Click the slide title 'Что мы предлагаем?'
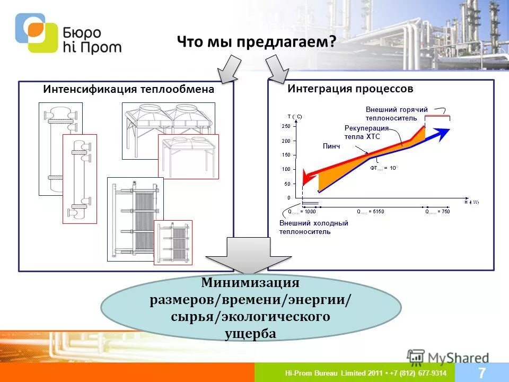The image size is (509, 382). [x=256, y=42]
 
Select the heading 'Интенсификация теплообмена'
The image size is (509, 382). [x=128, y=89]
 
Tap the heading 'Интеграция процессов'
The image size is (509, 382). [x=350, y=89]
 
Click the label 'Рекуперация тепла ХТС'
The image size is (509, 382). [x=366, y=132]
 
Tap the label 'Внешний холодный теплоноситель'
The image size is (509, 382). [x=313, y=227]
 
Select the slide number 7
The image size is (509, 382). [x=482, y=372]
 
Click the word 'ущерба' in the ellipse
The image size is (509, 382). [x=250, y=334]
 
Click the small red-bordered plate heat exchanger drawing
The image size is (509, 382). [x=173, y=242]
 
